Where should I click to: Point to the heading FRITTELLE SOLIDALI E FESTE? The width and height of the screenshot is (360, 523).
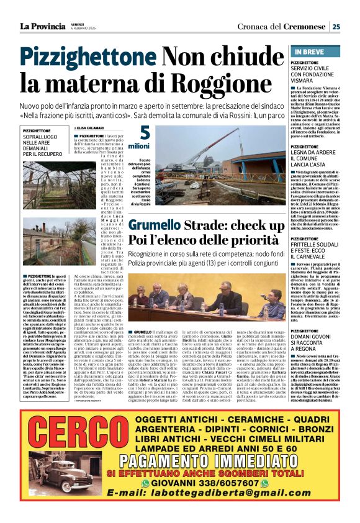pos(316,245)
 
